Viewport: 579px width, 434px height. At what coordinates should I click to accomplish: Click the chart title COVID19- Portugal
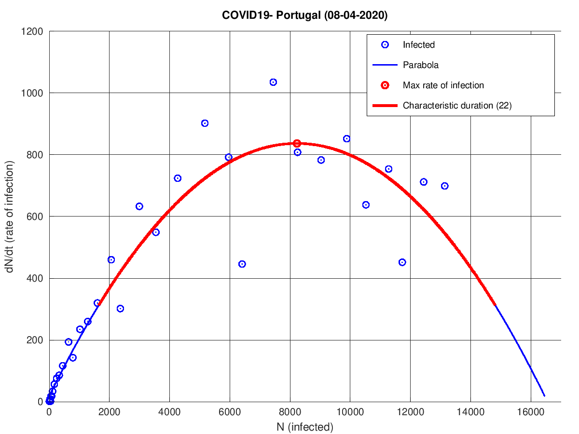point(305,15)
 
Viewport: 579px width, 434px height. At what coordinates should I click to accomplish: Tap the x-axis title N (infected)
point(305,427)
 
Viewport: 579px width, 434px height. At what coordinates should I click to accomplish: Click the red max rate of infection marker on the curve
point(297,143)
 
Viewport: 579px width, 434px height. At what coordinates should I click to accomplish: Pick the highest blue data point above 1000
point(273,82)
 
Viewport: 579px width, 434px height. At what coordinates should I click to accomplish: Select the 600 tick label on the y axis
point(35,217)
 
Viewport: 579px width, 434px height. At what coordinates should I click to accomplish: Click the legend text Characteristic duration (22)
point(457,106)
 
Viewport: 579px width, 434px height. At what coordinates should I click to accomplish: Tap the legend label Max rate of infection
point(443,85)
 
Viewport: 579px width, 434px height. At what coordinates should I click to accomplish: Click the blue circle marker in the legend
point(385,45)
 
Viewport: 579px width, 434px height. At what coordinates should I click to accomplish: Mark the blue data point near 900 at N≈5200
point(205,123)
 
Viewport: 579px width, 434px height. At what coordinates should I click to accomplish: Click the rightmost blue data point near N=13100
point(444,186)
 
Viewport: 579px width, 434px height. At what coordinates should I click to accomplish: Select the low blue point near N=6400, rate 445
point(242,264)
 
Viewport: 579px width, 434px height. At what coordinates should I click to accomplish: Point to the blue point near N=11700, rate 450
point(402,262)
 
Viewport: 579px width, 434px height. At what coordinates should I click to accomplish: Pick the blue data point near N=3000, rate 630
point(139,206)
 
